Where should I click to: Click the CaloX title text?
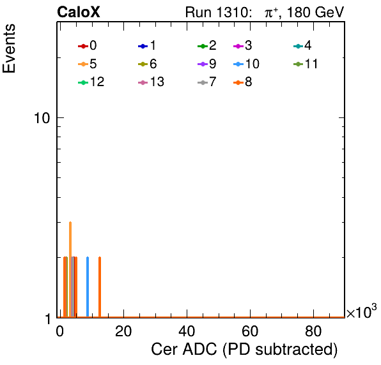pos(79,12)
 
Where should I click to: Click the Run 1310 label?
pos(217,12)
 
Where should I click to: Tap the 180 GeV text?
pos(316,12)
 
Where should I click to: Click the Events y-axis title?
pos(9,48)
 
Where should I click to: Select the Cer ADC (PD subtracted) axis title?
pos(244,350)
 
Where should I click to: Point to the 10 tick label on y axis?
pos(42,118)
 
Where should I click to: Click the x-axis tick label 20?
pos(123,331)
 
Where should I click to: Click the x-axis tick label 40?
pos(187,331)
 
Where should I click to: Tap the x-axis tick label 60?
pos(250,331)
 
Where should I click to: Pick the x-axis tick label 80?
pos(313,331)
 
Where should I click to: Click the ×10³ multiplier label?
pos(362,311)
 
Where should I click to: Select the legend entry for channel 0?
pos(88,45)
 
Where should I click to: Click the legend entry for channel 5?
pos(88,64)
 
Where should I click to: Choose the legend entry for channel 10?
pos(246,64)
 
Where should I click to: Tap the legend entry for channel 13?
pos(151,82)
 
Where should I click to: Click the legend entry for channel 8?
pos(243,82)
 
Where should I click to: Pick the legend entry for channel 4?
pos(302,45)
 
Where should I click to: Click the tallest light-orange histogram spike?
pos(70,269)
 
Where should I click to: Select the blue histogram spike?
pos(88,287)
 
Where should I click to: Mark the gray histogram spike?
pos(73,287)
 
